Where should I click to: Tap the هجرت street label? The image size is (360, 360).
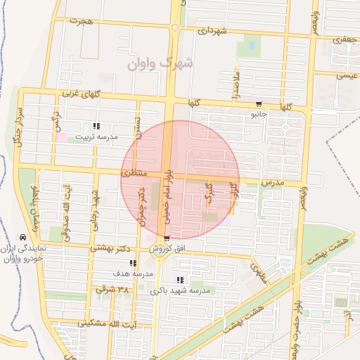82,22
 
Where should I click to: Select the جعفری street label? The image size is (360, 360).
346,41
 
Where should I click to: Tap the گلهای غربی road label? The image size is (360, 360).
82,94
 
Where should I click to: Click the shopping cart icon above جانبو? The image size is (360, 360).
258,101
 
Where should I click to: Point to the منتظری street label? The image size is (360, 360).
134,172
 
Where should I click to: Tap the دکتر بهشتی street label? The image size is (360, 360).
112,248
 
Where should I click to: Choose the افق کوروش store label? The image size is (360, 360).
169,249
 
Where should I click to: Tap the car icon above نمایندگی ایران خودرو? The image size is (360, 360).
24,238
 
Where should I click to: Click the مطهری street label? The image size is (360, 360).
259,266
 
